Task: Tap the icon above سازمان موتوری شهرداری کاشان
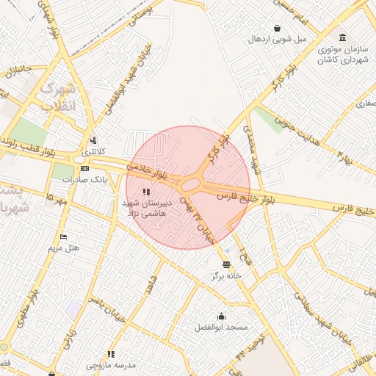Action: tap(342, 37)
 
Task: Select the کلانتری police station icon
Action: tap(93, 140)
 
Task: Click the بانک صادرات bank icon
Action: tap(84, 168)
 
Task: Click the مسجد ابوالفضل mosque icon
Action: tap(222, 316)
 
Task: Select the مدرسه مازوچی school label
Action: tap(111, 365)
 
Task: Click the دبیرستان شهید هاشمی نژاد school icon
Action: tap(135, 192)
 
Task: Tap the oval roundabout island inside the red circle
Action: tap(192, 184)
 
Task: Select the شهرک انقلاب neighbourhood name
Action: tap(57, 97)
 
